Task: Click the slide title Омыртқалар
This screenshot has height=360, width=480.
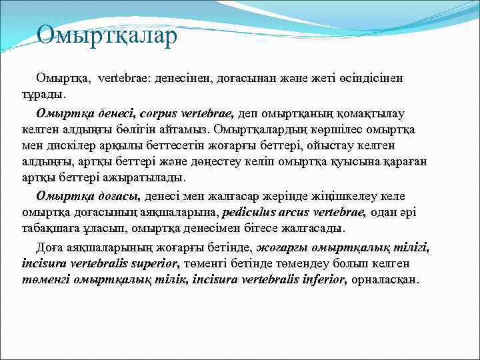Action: [107, 35]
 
